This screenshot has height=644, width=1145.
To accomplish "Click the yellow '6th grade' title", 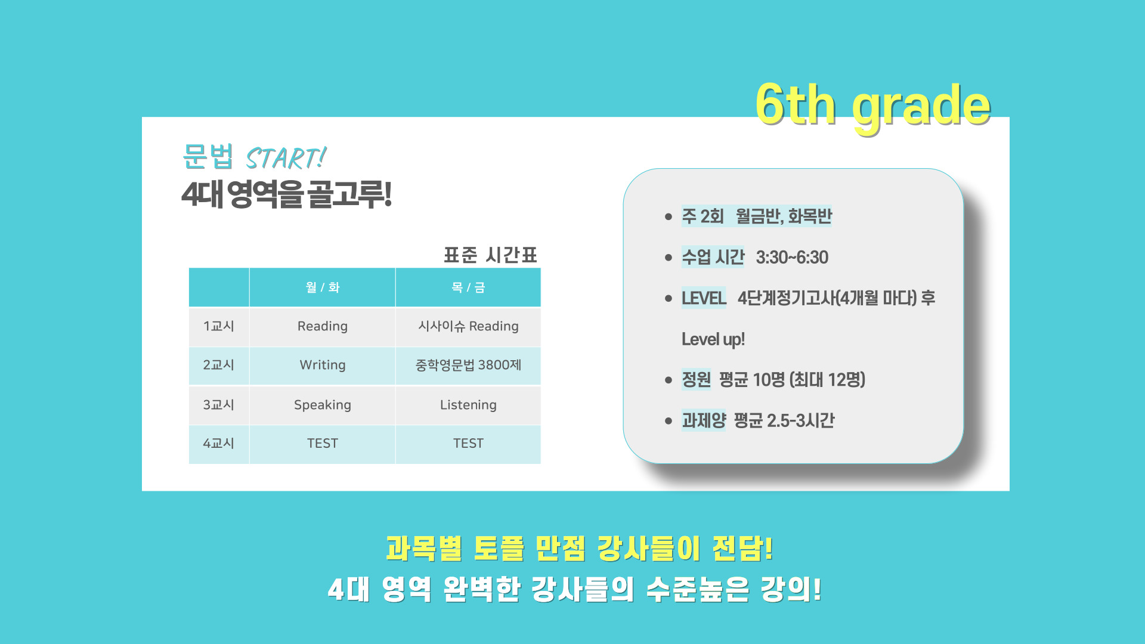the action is [x=873, y=106].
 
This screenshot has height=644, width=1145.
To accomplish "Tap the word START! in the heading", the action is [x=286, y=159].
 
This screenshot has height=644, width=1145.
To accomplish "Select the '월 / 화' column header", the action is [x=323, y=287].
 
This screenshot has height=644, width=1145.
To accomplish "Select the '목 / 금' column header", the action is [x=468, y=287].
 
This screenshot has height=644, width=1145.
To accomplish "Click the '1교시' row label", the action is [x=218, y=326].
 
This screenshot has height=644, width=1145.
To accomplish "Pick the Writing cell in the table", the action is [x=323, y=365].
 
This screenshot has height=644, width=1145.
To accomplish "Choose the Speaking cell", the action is [x=323, y=405].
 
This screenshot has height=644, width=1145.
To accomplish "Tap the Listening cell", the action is [x=468, y=405].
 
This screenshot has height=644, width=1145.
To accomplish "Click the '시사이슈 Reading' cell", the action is [x=468, y=326].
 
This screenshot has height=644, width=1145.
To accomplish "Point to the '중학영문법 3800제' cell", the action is [x=468, y=365].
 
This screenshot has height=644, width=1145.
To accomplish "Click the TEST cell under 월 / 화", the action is [x=323, y=444].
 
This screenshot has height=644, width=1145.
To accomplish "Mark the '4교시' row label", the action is [x=218, y=444].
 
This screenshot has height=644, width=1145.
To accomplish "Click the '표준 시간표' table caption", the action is [x=490, y=255].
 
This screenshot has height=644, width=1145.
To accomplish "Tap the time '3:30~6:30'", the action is [x=792, y=258].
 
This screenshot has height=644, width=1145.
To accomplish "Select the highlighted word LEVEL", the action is [x=704, y=298].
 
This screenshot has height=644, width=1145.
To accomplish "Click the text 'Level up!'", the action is [x=713, y=339].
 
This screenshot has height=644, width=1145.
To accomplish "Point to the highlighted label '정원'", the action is [x=696, y=380].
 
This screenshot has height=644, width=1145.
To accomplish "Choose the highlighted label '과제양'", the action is [x=704, y=420].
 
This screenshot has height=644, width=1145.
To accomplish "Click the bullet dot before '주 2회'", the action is [x=669, y=216].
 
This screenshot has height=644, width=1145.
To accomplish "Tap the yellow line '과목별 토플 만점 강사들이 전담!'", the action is [x=580, y=549].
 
